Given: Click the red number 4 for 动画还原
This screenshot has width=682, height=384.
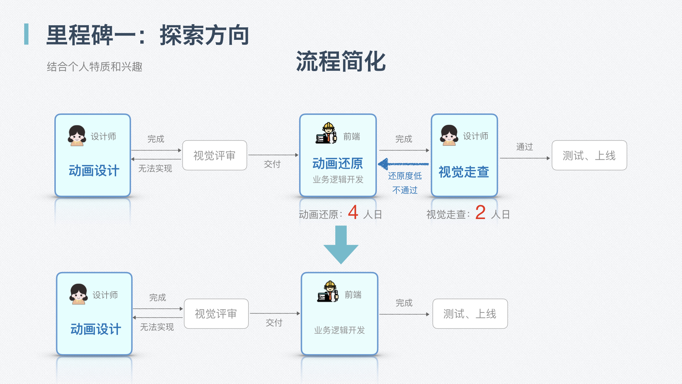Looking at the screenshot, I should pyautogui.click(x=353, y=213).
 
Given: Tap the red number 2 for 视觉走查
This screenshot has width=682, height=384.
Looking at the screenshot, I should pyautogui.click(x=480, y=213).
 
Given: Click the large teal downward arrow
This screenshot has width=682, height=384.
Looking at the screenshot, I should pyautogui.click(x=341, y=245).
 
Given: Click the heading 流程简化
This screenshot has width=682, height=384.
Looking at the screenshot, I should pyautogui.click(x=341, y=61).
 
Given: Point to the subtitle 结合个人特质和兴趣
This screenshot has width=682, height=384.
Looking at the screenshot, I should pyautogui.click(x=94, y=66).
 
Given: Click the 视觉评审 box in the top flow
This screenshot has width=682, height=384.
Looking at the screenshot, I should pyautogui.click(x=215, y=155).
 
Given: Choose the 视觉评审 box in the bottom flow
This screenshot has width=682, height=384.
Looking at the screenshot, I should pyautogui.click(x=216, y=314).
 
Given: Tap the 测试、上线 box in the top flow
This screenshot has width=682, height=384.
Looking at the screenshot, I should pyautogui.click(x=589, y=155).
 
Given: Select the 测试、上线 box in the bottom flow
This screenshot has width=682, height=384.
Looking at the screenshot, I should pyautogui.click(x=470, y=314).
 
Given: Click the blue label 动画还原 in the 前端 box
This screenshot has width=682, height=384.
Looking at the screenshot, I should pyautogui.click(x=337, y=164).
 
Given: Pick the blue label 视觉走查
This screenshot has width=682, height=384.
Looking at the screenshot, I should pyautogui.click(x=464, y=172).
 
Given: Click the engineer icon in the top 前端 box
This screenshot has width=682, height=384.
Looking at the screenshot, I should pyautogui.click(x=326, y=133).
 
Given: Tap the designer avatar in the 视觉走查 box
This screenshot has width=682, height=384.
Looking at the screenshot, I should pyautogui.click(x=449, y=135).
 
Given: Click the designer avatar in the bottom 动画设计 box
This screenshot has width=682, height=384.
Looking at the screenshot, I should pyautogui.click(x=79, y=294).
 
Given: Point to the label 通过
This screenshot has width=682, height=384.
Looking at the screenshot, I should pyautogui.click(x=524, y=146).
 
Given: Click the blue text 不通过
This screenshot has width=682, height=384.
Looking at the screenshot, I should pyautogui.click(x=405, y=190).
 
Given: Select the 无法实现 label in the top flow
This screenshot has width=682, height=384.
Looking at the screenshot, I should pyautogui.click(x=155, y=169).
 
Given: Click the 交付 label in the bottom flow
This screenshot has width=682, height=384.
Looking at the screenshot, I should pyautogui.click(x=274, y=323).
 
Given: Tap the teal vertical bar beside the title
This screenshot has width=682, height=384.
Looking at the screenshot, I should pyautogui.click(x=26, y=34).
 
